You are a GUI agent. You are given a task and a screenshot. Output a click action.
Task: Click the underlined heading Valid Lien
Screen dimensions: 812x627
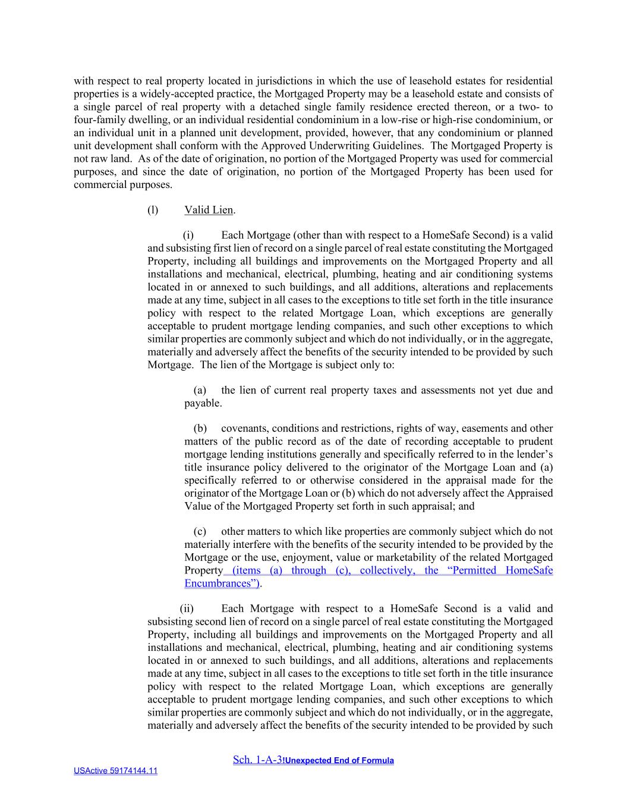click(209, 210)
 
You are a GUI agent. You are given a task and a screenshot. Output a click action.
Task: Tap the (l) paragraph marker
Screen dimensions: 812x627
click(153, 210)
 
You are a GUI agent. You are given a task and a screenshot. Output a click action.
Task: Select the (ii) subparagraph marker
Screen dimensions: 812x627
click(187, 609)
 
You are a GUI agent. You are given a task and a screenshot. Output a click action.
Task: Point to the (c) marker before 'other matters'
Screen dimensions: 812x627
click(200, 532)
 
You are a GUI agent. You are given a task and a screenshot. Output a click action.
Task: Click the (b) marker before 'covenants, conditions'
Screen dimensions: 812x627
click(200, 428)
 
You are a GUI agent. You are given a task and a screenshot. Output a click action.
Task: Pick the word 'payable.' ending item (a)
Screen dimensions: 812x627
click(203, 403)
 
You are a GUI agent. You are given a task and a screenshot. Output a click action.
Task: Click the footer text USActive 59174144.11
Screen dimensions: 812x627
click(115, 771)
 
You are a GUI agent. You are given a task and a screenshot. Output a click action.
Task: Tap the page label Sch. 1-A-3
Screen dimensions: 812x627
click(257, 760)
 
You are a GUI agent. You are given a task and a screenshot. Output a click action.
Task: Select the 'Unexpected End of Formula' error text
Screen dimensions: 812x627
click(339, 760)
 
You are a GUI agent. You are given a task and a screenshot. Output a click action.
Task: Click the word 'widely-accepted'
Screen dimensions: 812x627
click(172, 94)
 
